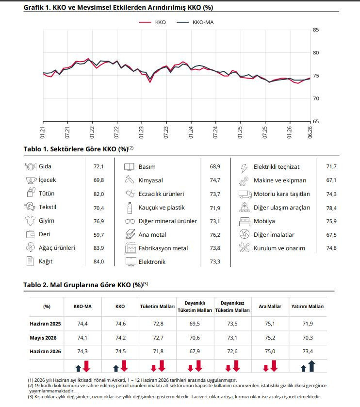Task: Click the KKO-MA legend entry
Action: point(195,22)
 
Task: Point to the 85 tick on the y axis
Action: point(316,30)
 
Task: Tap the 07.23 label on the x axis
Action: point(166,132)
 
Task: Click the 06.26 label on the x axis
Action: point(310,132)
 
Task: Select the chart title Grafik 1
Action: point(118,8)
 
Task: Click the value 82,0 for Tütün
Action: point(98,194)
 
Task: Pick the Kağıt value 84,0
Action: point(98,261)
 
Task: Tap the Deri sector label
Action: point(45,234)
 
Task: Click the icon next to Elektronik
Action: point(131,261)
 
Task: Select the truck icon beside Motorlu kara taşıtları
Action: point(245,194)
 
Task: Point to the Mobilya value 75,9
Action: point(331,221)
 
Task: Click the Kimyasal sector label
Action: point(150,180)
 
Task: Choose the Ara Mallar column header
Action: point(270,307)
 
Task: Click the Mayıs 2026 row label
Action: point(43,338)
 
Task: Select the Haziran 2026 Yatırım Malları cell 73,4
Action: point(308,351)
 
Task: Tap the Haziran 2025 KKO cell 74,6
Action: point(120,324)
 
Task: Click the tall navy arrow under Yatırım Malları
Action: point(311,366)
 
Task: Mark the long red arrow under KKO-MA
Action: point(86,366)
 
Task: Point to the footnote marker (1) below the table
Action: point(31,380)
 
